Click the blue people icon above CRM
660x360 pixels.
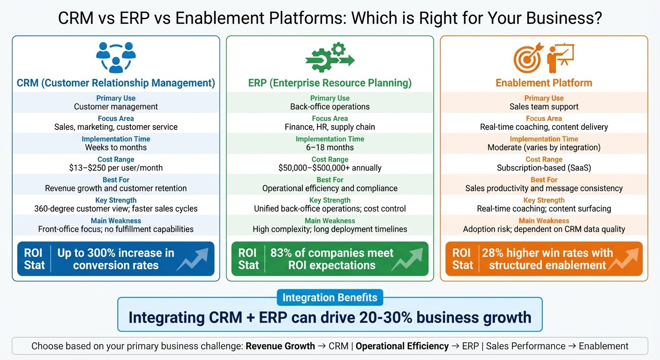pos(116,57)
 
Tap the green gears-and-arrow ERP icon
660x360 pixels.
pos(330,57)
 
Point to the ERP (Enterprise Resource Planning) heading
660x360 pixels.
pos(330,83)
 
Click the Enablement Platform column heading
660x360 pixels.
pos(544,83)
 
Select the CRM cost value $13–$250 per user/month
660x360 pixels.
pos(116,168)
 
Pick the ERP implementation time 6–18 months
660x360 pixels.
pos(330,147)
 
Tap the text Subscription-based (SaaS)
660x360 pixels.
pos(544,168)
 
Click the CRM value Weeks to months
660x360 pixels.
pos(116,147)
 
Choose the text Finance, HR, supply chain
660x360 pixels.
pos(330,127)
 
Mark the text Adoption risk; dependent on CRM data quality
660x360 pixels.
pos(544,229)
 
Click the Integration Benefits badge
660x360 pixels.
pos(330,298)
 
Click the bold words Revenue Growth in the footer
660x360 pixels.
pos(280,346)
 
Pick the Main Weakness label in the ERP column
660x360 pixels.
pos(330,221)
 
